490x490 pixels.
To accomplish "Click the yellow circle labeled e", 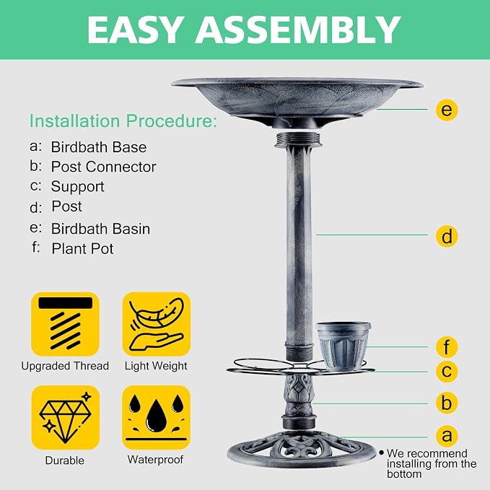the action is coord(447,110).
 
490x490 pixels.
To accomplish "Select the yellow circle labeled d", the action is coord(447,236).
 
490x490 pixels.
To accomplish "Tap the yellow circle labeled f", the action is coord(447,347).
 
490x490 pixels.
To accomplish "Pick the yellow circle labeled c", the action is coord(447,371).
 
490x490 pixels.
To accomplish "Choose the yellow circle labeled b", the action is coord(447,403).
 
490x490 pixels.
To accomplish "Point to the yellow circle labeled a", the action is coord(447,436).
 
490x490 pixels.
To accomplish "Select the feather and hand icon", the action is coord(157,324).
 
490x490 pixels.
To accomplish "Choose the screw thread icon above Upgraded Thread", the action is coord(66,324).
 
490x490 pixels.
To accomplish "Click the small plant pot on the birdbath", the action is coord(344,346).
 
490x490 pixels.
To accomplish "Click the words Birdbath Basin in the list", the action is coord(100,229).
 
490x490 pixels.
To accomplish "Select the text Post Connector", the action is coord(103,167).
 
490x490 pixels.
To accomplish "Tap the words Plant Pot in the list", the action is coord(82,249).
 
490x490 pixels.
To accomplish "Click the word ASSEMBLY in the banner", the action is coord(298,30).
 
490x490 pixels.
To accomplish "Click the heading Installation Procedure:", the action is coord(123,121).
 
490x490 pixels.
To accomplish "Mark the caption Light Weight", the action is coord(156,366).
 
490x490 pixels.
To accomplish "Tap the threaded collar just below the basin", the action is coord(297,139).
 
